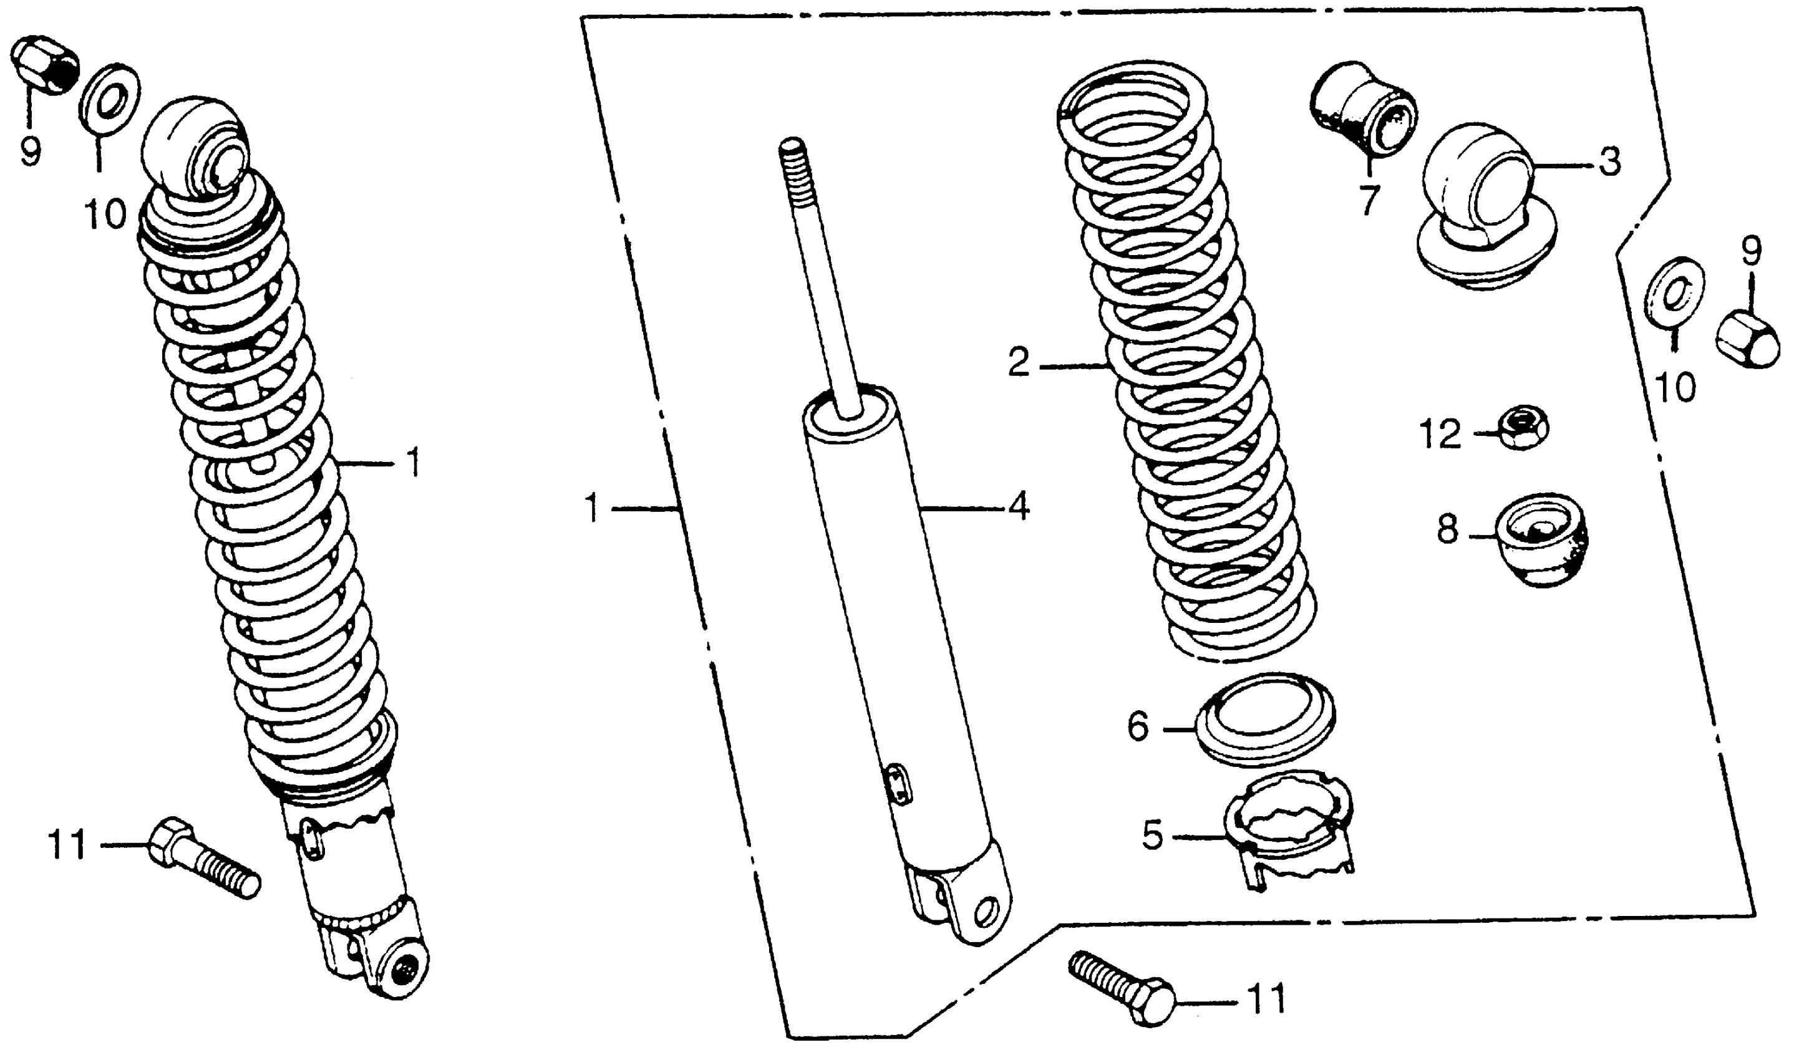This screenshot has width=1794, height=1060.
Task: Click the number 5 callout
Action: (1152, 835)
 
